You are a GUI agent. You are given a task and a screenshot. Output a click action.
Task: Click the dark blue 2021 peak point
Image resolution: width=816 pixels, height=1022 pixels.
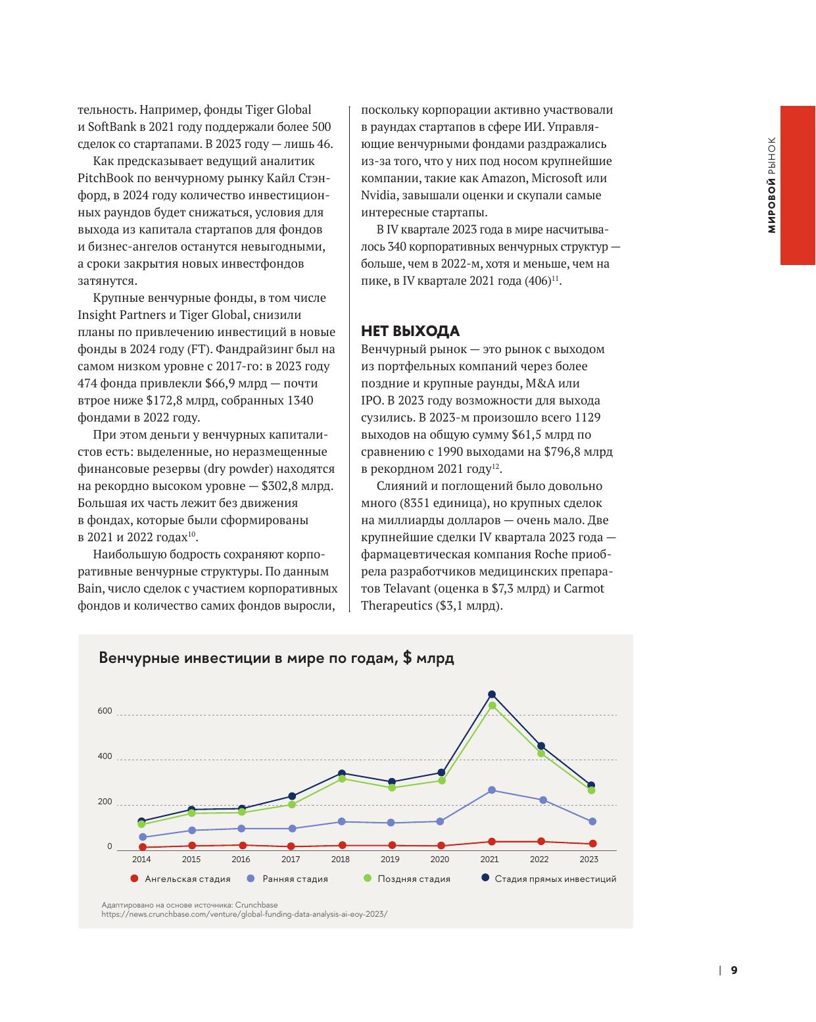(491, 694)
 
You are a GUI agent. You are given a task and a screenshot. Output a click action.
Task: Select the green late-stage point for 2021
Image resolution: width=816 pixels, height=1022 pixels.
(492, 706)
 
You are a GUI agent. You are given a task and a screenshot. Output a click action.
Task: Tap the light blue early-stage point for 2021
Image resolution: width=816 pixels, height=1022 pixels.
(492, 790)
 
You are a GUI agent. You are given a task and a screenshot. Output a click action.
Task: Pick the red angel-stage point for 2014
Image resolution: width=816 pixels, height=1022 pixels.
(142, 847)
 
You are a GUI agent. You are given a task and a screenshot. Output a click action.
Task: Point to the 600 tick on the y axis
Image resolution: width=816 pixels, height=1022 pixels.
(105, 712)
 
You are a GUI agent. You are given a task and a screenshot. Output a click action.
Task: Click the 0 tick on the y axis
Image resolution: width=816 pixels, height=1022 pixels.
(110, 846)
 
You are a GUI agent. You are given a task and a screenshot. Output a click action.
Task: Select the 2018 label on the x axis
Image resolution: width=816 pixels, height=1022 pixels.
(341, 859)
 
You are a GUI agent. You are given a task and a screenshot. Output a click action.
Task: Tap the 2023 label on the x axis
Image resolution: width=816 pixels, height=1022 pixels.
(588, 859)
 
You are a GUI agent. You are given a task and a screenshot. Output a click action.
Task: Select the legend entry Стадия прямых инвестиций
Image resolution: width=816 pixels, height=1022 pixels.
(555, 879)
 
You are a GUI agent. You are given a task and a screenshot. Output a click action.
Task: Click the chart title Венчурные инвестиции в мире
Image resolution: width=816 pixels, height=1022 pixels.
(276, 658)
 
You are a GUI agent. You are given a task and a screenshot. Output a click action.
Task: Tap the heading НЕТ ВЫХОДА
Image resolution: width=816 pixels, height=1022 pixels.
(410, 331)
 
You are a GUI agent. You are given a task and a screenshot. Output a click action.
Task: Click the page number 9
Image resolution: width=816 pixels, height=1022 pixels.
(734, 970)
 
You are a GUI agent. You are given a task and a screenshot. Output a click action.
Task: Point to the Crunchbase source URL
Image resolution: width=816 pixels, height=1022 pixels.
(245, 913)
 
